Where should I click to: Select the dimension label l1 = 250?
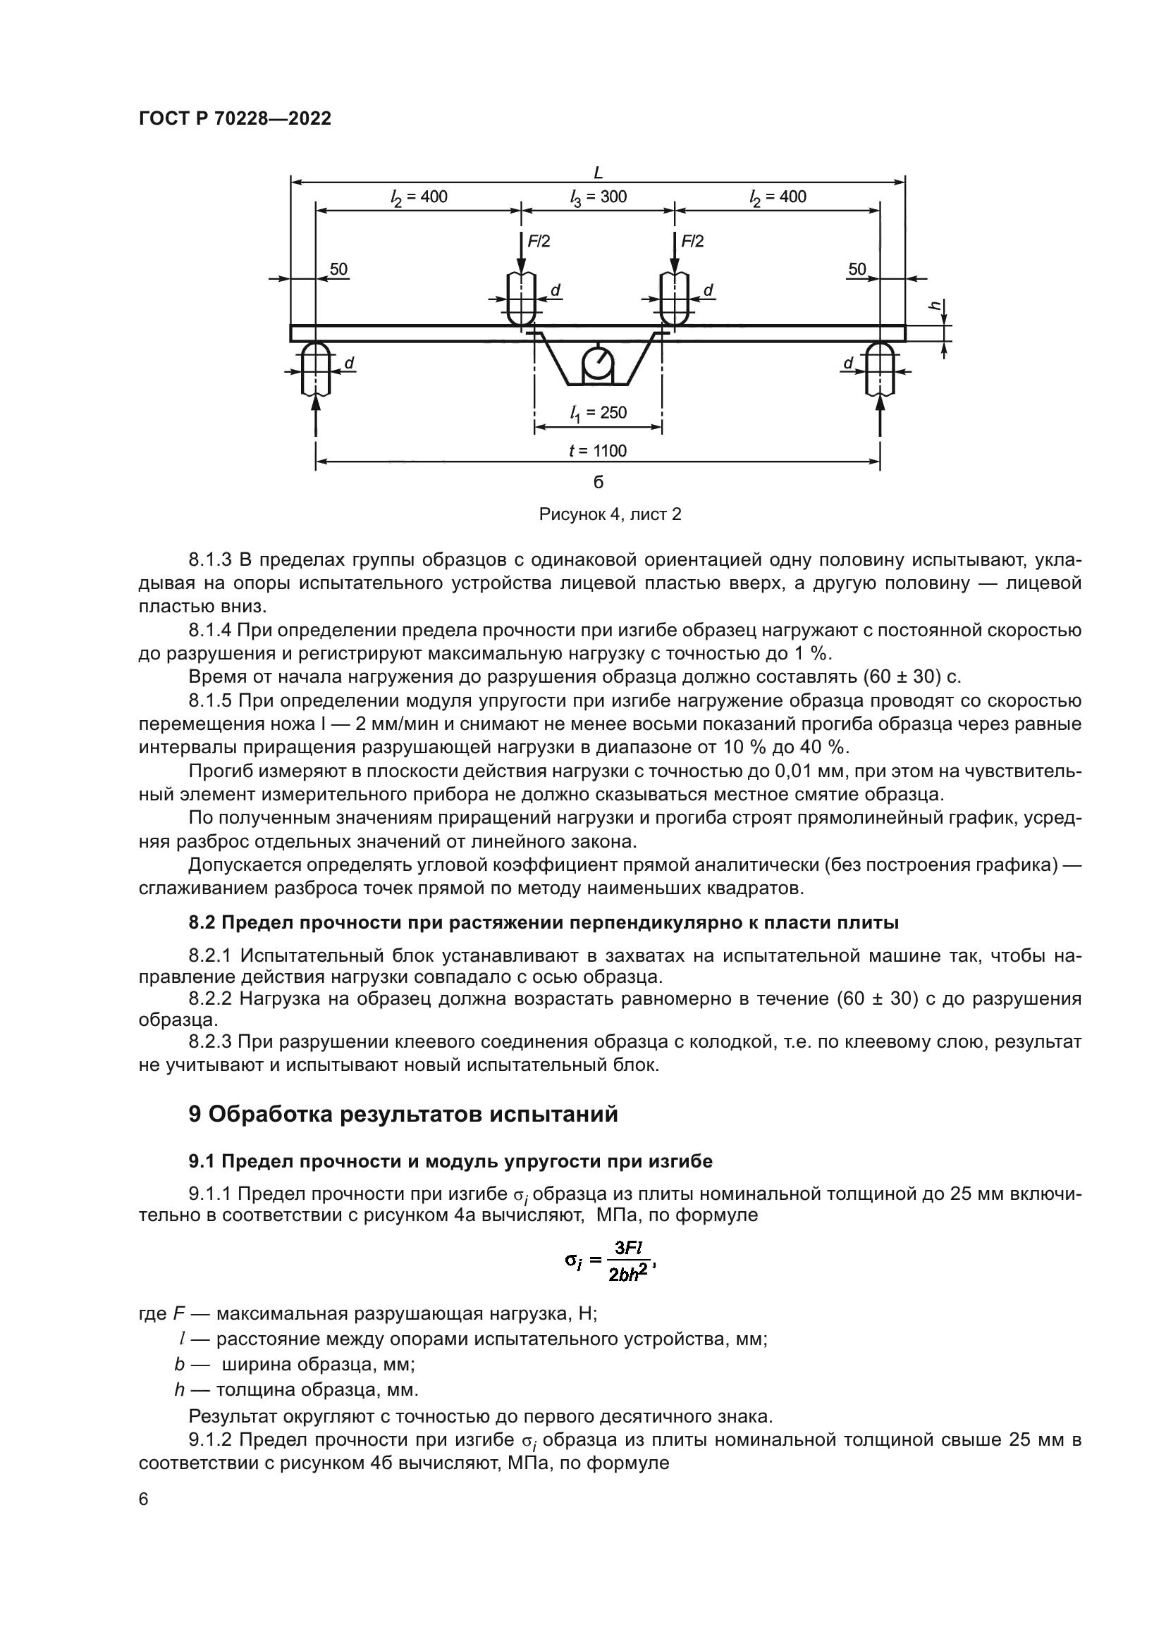click(597, 413)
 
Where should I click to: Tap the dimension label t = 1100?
click(597, 451)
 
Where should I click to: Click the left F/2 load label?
click(539, 242)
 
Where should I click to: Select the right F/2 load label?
click(692, 242)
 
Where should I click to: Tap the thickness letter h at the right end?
click(935, 305)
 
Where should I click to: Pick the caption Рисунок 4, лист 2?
click(610, 514)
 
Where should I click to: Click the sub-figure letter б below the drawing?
click(598, 483)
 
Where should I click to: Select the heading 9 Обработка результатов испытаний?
click(403, 1114)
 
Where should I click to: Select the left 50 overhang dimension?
click(338, 270)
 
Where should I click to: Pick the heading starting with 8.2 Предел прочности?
click(544, 923)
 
